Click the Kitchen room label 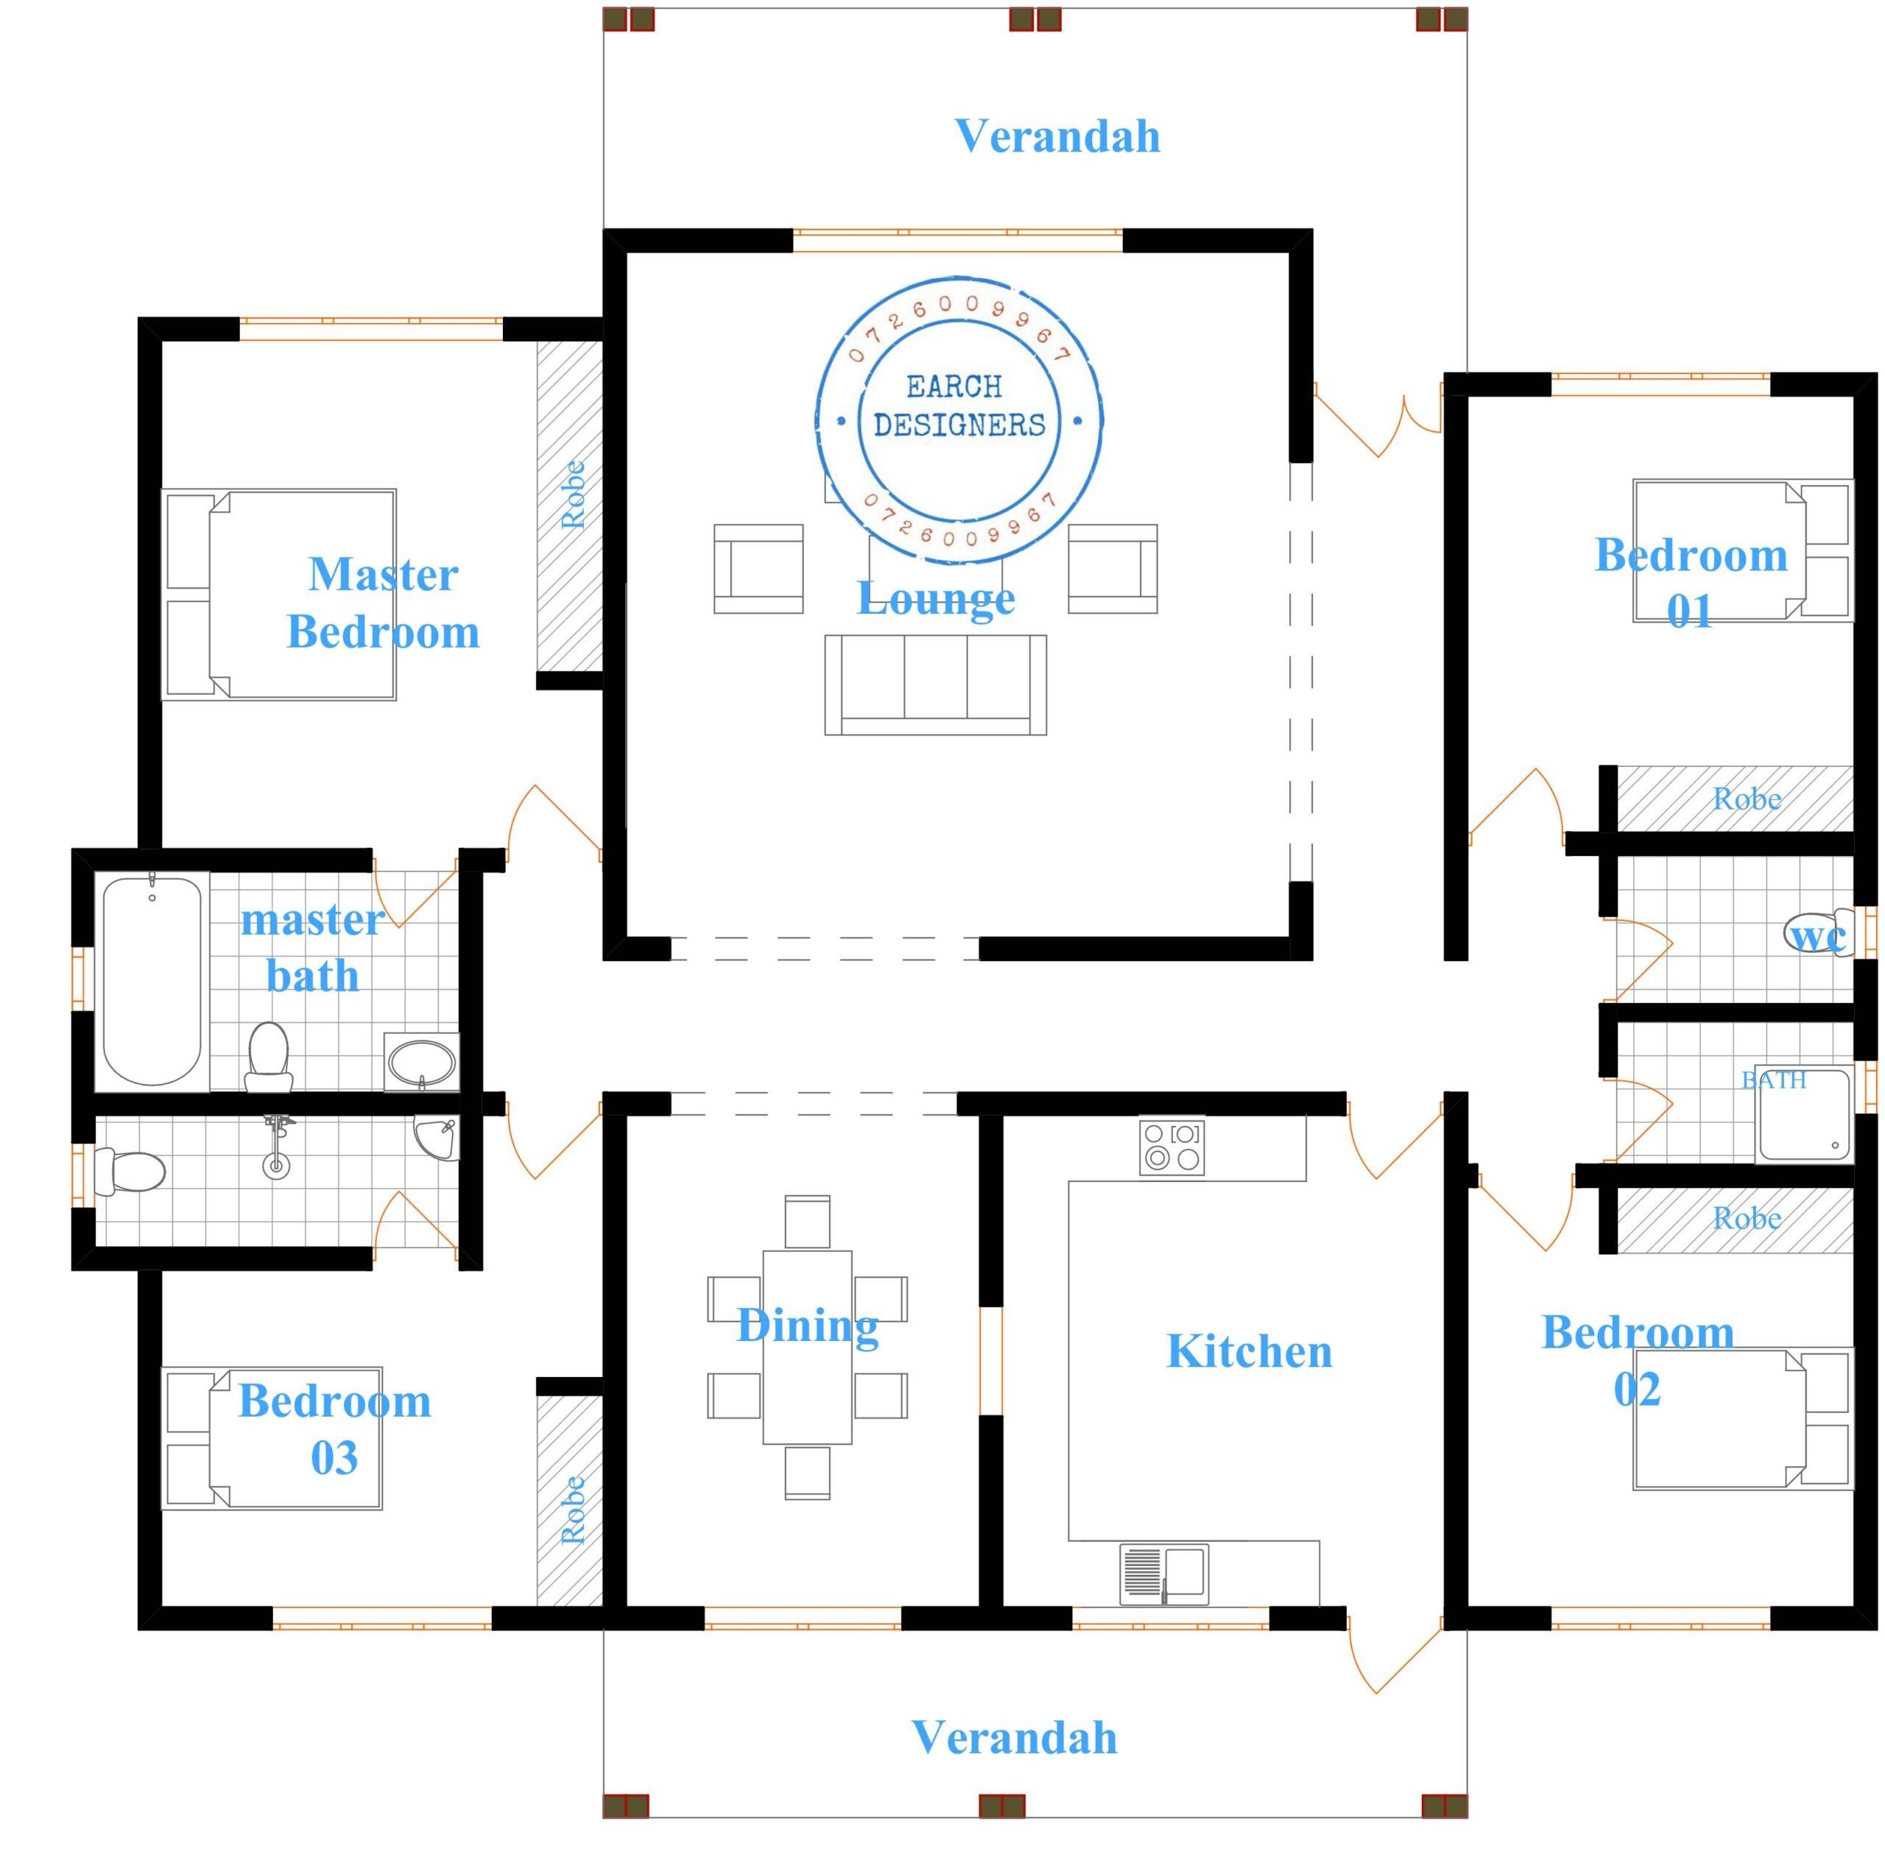pos(1249,1351)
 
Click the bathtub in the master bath pos(152,980)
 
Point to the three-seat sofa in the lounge pos(934,684)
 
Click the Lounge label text pos(934,598)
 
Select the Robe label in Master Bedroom pos(573,495)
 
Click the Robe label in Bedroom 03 pos(573,1510)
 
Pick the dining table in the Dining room pos(807,1347)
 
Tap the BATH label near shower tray pos(1774,1080)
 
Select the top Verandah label pos(1057,137)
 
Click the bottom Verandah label pos(1014,1738)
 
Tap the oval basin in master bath pos(421,1062)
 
